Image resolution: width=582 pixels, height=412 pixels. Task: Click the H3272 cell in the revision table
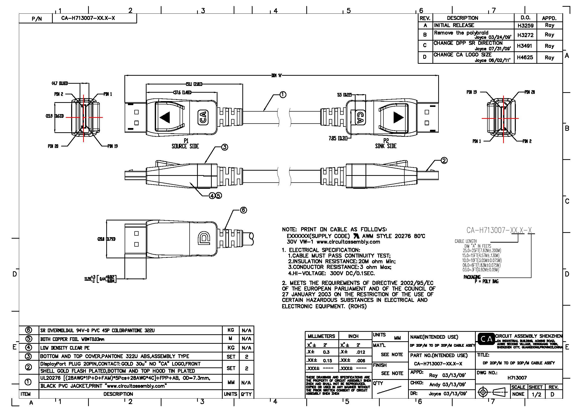pos(525,35)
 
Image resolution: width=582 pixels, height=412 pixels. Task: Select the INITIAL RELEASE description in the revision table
pos(454,25)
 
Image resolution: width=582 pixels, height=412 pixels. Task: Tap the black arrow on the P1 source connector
pos(165,118)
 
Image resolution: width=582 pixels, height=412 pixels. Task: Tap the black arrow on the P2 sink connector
pos(398,118)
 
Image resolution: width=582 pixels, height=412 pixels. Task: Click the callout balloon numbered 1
pos(283,95)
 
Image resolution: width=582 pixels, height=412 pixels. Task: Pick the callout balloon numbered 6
pos(243,210)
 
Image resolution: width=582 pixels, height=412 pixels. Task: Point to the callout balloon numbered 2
pos(444,160)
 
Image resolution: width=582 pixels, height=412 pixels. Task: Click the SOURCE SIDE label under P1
pos(185,146)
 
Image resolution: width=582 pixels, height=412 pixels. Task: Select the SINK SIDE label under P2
pos(386,146)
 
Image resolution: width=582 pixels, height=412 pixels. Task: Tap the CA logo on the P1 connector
pos(203,118)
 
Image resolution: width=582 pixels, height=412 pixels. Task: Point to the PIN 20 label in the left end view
pos(53,146)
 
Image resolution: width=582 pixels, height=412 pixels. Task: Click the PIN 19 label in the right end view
pos(472,92)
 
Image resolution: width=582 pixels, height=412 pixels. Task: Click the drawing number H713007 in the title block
pos(517,378)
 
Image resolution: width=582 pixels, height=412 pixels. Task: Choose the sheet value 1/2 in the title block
pos(536,395)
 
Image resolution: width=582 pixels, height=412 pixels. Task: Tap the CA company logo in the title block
pos(486,339)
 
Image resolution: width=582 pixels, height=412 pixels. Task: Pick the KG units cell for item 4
pos(231,347)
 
